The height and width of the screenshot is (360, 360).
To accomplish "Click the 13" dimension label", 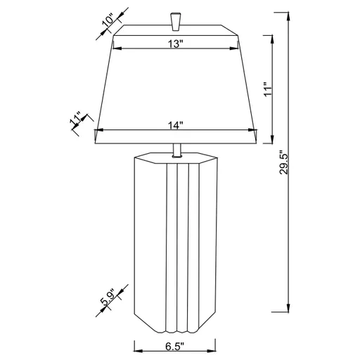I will click(x=176, y=44).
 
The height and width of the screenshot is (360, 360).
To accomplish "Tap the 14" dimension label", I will click(x=176, y=125).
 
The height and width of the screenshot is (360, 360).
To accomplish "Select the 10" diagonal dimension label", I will click(x=108, y=20).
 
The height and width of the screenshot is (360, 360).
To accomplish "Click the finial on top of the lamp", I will click(x=176, y=21).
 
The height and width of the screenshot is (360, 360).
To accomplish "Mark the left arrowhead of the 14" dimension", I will click(x=99, y=129).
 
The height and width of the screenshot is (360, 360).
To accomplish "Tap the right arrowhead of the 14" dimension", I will click(x=252, y=129).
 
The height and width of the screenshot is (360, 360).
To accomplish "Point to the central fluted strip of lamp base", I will click(x=176, y=246).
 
